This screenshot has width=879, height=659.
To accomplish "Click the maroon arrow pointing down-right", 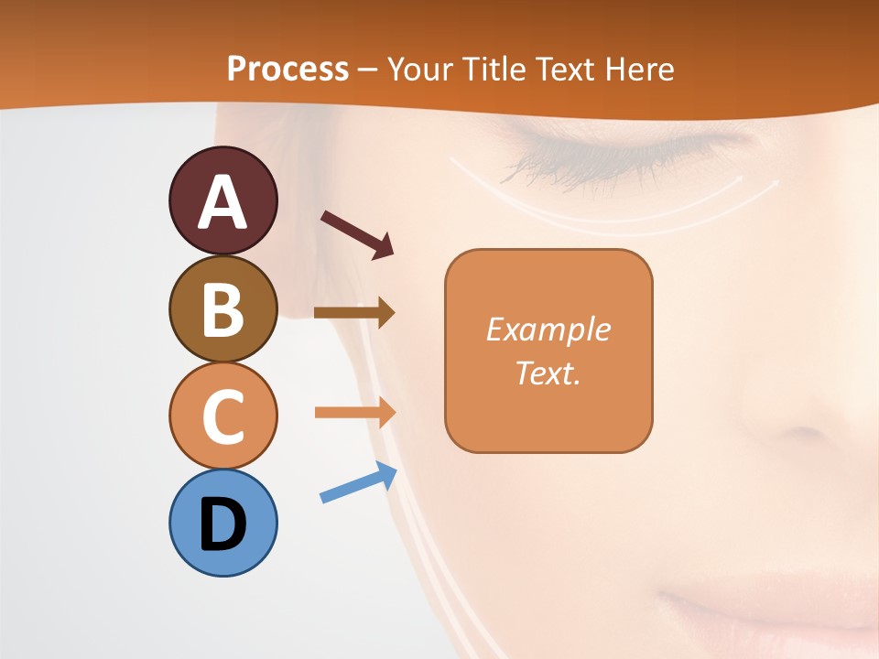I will pos(356,233).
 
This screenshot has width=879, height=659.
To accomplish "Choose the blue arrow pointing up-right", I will pos(357,484).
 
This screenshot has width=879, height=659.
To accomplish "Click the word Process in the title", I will pos(288,69).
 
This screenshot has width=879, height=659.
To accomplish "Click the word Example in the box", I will pos(548,329).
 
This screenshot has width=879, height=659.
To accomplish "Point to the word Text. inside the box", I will pos(548,373).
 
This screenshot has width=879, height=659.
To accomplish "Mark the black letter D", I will pos(222,524).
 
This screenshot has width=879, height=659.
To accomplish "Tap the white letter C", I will pos(222,416).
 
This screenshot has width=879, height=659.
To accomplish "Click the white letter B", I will pos(222,309).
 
